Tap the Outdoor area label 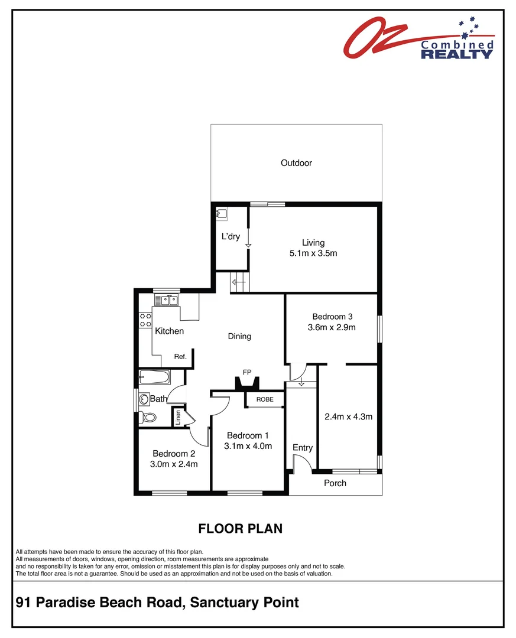pos(296,163)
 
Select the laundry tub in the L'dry pos(222,214)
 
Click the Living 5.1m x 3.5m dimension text pos(313,253)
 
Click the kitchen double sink pos(167,301)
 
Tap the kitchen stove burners pos(145,320)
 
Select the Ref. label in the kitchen pos(180,357)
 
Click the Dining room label pos(239,336)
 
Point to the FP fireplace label pos(247,372)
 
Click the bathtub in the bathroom pos(154,377)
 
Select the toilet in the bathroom pos(148,418)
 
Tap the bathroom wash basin pos(143,399)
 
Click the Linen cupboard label pos(177,417)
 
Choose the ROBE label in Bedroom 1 pos(265,399)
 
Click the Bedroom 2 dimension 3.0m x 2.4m pos(174,464)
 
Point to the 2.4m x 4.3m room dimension pos(348,416)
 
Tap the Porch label pos(335,483)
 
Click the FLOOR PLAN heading pos(240,528)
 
